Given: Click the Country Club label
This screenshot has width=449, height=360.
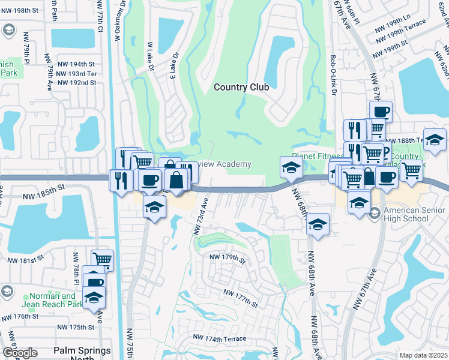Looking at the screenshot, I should (241, 87).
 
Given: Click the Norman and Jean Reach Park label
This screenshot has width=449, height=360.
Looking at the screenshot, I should (53, 300).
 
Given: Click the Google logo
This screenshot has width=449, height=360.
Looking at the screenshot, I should (20, 353).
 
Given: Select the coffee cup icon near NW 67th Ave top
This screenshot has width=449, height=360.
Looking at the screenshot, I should (381, 111).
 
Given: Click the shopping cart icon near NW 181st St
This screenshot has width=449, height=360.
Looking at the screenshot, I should (103, 260).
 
